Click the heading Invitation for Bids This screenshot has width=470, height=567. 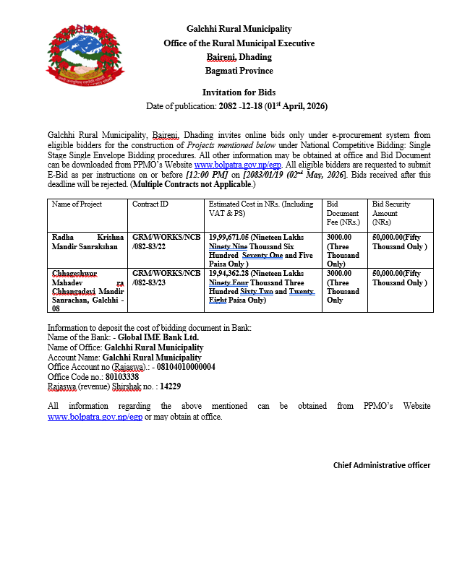(x=239, y=92)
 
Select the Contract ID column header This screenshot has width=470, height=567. (x=150, y=204)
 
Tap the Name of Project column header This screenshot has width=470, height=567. (x=77, y=204)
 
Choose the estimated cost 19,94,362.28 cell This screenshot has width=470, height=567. (x=262, y=287)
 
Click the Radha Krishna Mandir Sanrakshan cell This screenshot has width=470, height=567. (x=87, y=241)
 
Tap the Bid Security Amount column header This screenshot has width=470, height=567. (x=400, y=213)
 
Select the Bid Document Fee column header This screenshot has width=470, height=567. (x=343, y=213)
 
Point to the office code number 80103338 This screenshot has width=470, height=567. (x=123, y=377)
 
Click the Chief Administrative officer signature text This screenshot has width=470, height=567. (x=381, y=465)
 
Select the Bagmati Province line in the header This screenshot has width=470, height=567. (x=239, y=71)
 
